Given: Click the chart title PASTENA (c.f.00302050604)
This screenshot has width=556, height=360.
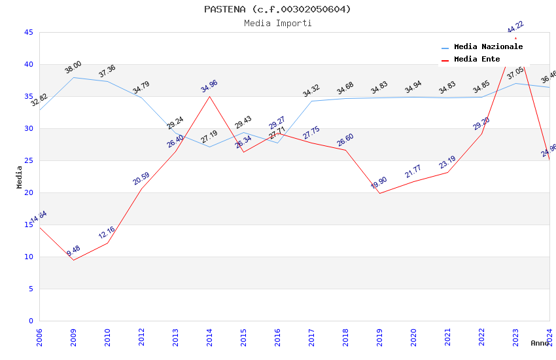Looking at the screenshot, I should click(x=277, y=9).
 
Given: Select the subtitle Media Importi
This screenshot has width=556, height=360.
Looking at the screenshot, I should click(x=277, y=23).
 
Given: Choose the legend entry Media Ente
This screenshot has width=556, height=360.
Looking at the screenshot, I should click(x=477, y=59).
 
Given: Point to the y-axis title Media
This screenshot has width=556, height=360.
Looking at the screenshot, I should click(x=20, y=177).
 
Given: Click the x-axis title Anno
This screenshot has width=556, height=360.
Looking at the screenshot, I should click(x=540, y=343).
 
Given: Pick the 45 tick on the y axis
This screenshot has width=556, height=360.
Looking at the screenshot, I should click(x=28, y=32).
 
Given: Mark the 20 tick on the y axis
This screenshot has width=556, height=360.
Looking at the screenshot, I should click(x=28, y=192).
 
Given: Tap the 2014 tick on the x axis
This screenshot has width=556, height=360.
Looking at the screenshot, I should click(x=209, y=334).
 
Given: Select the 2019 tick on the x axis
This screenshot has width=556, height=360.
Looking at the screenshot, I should click(x=379, y=334).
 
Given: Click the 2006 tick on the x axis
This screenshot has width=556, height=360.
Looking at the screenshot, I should click(x=39, y=334).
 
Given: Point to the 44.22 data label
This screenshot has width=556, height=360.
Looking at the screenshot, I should click(x=515, y=27).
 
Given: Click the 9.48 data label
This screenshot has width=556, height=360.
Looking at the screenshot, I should click(x=73, y=251).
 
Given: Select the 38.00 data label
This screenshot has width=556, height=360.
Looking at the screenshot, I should click(x=73, y=67).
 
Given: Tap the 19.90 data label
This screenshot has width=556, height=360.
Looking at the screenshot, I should click(x=379, y=183).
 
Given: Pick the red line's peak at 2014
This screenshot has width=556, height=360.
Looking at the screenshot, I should click(x=209, y=96).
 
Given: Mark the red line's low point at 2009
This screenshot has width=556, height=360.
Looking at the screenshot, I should click(x=73, y=260).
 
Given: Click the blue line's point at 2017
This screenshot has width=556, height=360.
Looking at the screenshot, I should click(x=311, y=101).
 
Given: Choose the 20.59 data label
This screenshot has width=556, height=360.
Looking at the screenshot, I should click(x=141, y=178).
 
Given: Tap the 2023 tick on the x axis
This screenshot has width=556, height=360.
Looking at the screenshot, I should click(x=515, y=334).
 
